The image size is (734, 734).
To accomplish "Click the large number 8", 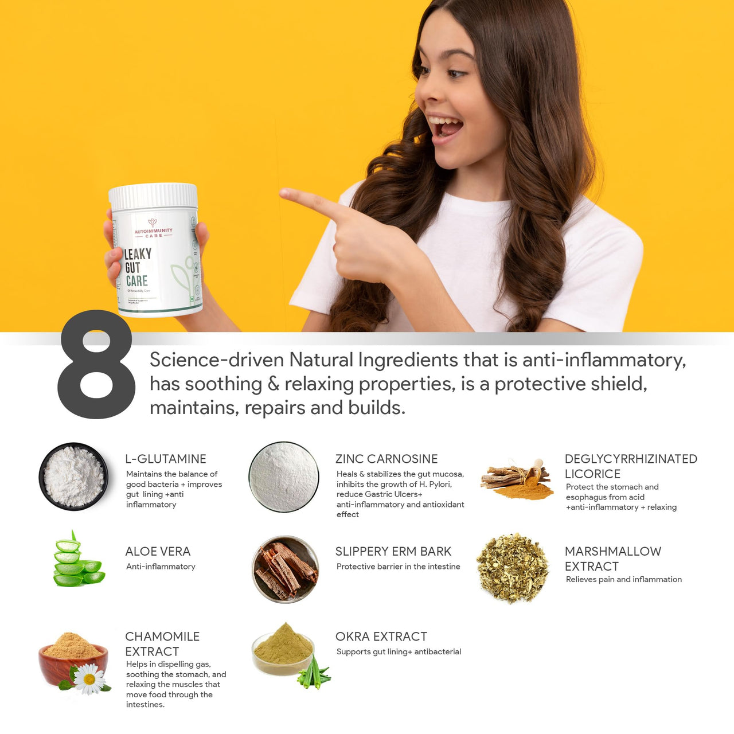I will coord(96,365).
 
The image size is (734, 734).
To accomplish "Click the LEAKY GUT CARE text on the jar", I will coord(137,267).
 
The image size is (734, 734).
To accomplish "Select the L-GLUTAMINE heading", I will coord(166,459).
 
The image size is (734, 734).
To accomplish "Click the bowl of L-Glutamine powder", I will coord(73,477).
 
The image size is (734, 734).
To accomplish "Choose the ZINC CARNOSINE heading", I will coord(386,459).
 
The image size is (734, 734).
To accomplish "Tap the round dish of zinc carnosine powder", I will coord(284,477).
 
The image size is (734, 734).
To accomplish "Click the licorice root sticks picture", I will coord(516,479).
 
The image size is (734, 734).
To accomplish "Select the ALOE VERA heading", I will coord(158,551).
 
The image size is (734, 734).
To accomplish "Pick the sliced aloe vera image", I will coord(77,561).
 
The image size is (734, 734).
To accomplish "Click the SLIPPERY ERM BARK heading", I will coord(393,551).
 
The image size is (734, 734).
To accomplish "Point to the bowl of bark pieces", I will coord(286,569).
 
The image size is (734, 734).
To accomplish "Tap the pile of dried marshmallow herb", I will coord(512,567).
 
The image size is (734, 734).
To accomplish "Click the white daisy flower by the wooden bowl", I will coord(89,679).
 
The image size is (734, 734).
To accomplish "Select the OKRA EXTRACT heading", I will coord(381,637).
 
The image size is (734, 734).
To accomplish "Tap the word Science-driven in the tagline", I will coord(217,360).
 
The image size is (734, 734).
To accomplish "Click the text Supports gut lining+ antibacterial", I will coord(399,651).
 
